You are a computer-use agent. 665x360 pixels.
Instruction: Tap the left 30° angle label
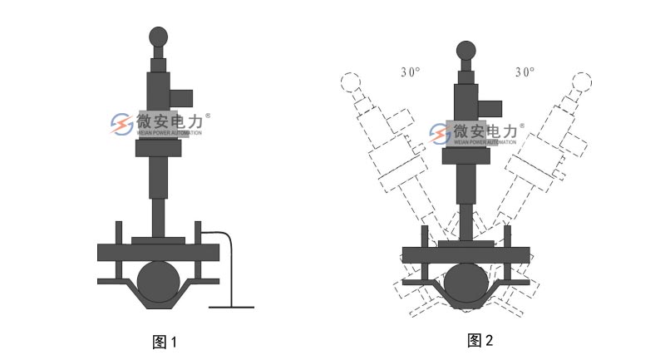(x=410, y=72)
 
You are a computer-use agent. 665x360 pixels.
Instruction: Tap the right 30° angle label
(x=525, y=72)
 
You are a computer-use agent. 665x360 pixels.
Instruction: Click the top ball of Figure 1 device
(x=159, y=37)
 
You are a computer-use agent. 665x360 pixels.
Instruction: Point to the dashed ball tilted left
(x=349, y=82)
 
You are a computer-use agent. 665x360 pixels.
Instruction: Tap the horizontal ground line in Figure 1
(x=231, y=307)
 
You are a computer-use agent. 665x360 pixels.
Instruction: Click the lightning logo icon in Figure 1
(x=121, y=124)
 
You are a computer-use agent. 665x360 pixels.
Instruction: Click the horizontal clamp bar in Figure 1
(x=158, y=251)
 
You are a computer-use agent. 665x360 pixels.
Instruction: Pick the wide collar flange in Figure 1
(x=158, y=149)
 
